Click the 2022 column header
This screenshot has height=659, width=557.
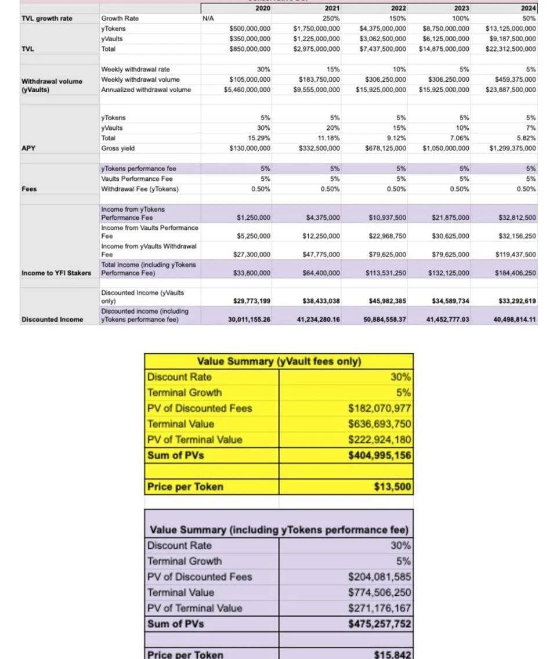398,8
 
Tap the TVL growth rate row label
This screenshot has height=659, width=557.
47,19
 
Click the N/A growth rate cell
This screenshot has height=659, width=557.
209,19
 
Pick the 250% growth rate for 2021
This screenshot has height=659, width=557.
331,19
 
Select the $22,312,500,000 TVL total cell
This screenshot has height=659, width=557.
511,49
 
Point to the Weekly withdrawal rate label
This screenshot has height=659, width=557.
135,70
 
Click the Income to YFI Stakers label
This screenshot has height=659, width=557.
56,273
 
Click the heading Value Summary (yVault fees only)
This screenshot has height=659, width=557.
279,361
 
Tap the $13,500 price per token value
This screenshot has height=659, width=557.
393,487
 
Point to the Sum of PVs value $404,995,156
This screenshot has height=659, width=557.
379,455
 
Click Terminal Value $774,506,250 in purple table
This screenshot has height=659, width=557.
379,592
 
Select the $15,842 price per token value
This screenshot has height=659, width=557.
393,654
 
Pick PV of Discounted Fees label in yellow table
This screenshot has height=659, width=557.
200,408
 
